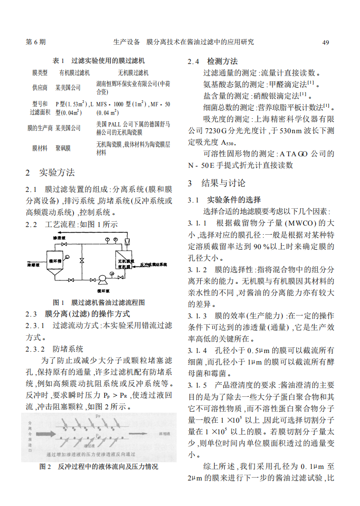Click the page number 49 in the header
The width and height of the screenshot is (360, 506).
[x=325, y=42]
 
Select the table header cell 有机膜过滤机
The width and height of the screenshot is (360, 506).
[x=75, y=73]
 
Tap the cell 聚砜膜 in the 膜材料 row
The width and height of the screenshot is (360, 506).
[x=63, y=149]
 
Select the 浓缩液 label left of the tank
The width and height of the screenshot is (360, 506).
[x=33, y=265]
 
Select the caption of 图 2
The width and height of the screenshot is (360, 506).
[x=99, y=467]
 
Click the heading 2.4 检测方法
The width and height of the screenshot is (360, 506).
[x=213, y=62]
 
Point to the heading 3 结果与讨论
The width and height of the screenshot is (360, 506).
[x=216, y=183]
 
